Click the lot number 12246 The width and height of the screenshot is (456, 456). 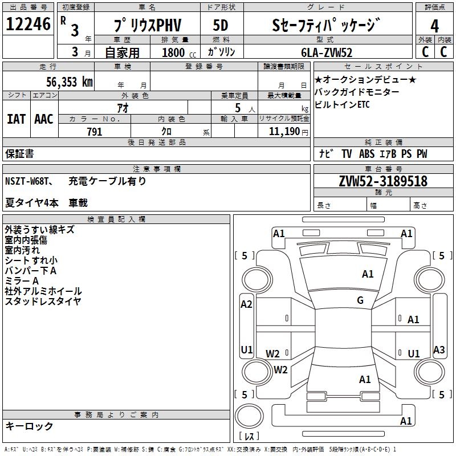tap(28, 25)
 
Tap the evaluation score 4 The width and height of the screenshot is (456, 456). tap(434, 26)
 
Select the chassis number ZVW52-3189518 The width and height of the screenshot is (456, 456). tap(382, 181)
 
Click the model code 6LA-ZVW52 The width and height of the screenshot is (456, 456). tap(327, 53)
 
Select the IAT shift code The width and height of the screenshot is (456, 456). tap(16, 119)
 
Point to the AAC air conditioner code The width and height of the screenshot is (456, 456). tap(43, 119)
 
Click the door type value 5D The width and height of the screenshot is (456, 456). tap(220, 26)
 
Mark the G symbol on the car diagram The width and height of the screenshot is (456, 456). tap(360, 300)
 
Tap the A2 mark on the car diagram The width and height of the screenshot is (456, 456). tap(246, 304)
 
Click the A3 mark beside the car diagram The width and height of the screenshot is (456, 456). tap(438, 350)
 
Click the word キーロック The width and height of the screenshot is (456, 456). tap(29, 426)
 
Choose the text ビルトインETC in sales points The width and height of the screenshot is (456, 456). tap(342, 105)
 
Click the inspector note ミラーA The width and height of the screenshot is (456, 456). tap(22, 281)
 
